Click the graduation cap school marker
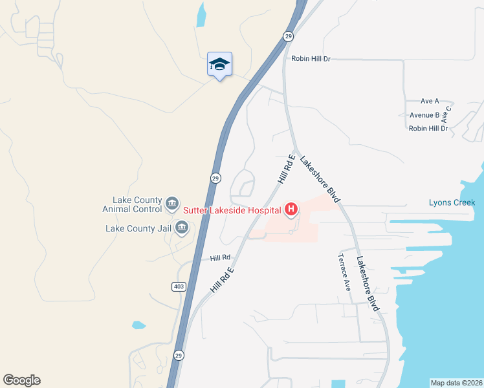point(219,64)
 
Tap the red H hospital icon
point(291,209)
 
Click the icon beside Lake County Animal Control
point(172,204)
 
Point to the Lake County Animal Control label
point(132,204)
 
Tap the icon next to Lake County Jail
point(182,228)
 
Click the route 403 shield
point(179,286)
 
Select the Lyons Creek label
point(452,202)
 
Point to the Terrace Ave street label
point(344,272)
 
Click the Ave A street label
point(430,101)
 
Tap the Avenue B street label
point(424,115)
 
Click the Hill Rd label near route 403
point(220,257)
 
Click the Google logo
point(21,380)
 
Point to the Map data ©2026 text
point(456,382)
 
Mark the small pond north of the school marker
point(201,15)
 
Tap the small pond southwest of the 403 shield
point(138,325)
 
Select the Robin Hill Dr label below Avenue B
point(428,129)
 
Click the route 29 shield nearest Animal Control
point(215,178)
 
